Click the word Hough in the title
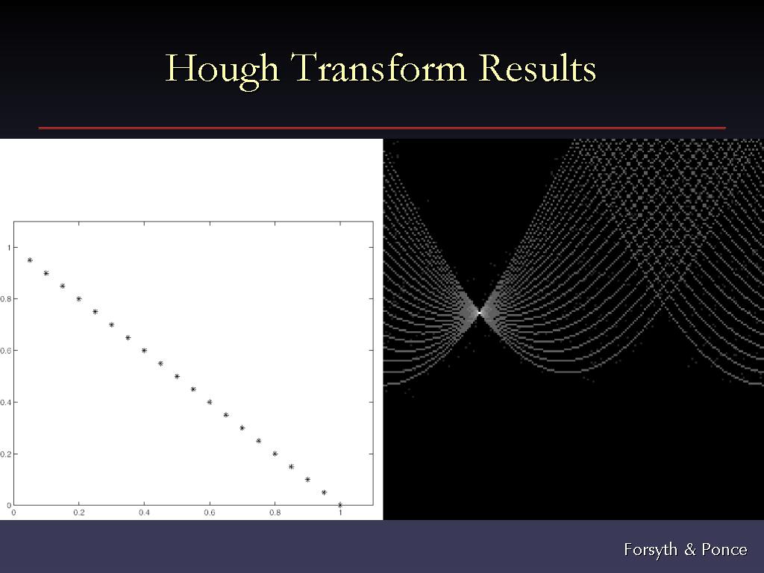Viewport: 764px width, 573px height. pyautogui.click(x=222, y=69)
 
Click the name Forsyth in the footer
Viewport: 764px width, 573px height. pyautogui.click(x=651, y=550)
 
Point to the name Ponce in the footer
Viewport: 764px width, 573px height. pyautogui.click(x=724, y=550)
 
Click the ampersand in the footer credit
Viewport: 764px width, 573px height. pyautogui.click(x=689, y=550)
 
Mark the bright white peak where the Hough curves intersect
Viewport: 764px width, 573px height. pyautogui.click(x=479, y=312)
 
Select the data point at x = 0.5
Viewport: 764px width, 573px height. pyautogui.click(x=177, y=377)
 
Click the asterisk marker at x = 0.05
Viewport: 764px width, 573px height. pyautogui.click(x=30, y=260)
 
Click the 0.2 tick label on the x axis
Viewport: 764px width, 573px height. pyautogui.click(x=79, y=513)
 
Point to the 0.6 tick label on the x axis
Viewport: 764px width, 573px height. pyautogui.click(x=210, y=513)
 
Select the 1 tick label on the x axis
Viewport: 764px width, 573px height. pyautogui.click(x=340, y=513)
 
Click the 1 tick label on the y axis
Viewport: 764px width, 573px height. pyautogui.click(x=9, y=248)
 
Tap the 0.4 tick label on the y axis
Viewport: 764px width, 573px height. pyautogui.click(x=5, y=402)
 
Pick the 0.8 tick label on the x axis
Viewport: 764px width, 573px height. pyautogui.click(x=275, y=513)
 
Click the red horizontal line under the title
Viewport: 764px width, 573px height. pyautogui.click(x=382, y=128)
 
